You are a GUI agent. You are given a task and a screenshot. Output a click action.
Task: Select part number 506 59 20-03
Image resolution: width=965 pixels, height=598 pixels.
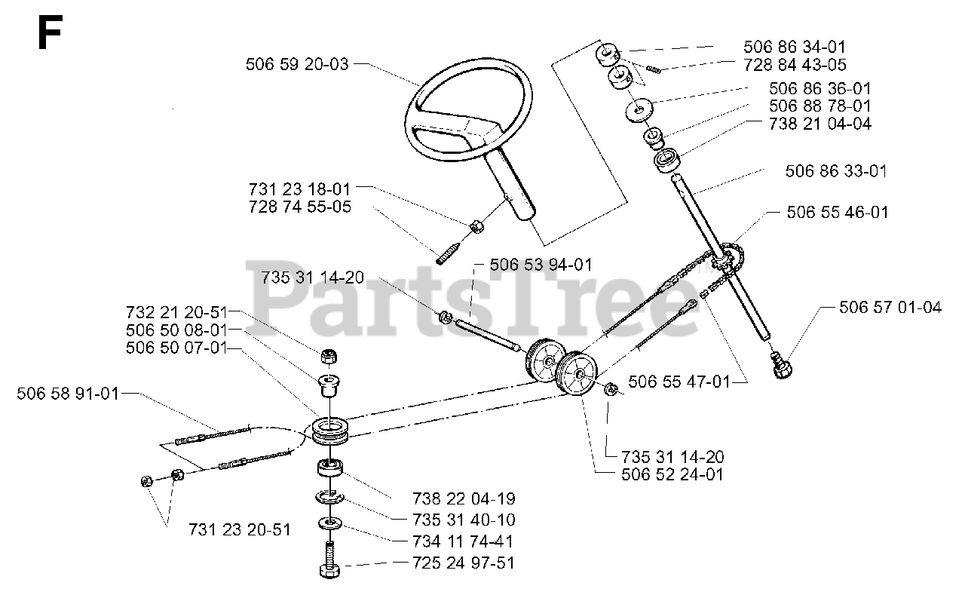297,64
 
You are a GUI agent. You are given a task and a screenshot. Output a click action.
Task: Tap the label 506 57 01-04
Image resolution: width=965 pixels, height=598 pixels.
890,307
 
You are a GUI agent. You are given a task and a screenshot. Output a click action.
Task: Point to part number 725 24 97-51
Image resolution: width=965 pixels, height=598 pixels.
464,563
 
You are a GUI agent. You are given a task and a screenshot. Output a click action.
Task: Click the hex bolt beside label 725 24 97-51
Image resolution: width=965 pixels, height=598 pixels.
329,561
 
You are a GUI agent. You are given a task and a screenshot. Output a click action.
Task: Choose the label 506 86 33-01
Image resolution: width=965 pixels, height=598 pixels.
836,171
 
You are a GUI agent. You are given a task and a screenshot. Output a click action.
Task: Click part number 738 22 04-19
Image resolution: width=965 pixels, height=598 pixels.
464,498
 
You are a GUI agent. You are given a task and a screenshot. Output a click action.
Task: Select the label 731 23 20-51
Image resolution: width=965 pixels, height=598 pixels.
240,529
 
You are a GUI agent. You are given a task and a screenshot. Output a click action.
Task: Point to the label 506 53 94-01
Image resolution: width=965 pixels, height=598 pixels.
541,265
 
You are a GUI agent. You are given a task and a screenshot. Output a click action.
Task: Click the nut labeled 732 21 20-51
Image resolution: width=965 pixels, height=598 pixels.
329,356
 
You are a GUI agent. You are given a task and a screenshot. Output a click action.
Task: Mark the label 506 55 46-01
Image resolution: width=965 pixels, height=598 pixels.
838,213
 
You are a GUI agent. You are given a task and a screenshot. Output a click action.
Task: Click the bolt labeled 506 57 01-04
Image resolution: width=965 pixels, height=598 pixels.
782,366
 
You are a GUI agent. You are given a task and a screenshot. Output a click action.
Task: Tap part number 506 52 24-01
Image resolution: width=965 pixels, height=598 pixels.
672,474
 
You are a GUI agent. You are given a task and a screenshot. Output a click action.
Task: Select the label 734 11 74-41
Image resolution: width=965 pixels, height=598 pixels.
464,541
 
